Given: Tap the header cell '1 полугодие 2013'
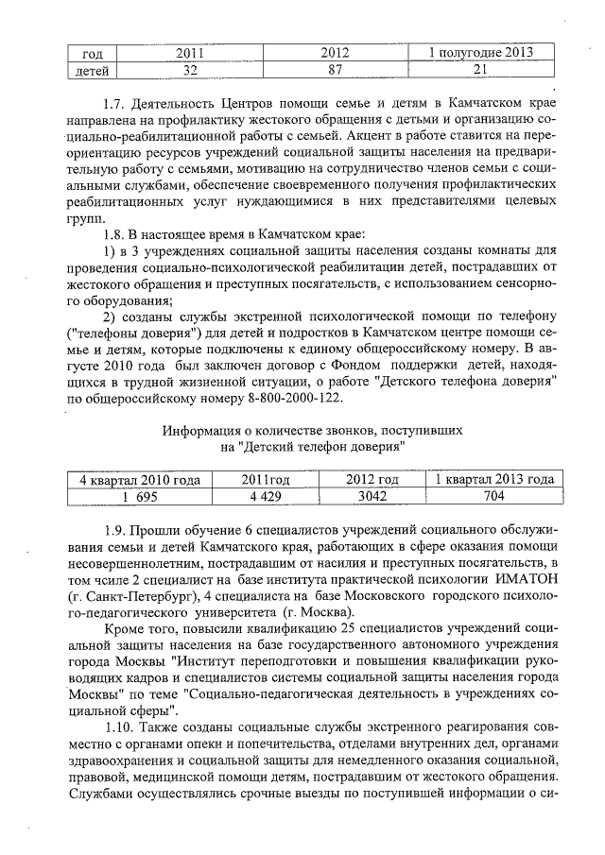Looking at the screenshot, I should pos(480,53).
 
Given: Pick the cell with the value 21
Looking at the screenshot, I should pos(480,70).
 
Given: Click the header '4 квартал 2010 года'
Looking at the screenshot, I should pos(139,479).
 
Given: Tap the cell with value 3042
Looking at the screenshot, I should pos(372,496).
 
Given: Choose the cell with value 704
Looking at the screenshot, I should pos(494,496).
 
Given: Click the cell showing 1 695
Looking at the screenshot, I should pos(139,496).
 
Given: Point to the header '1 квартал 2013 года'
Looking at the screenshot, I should pos(494,479).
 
